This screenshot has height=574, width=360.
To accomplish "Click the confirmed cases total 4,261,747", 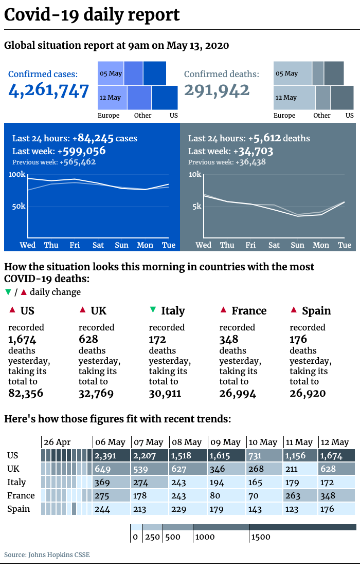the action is click(x=48, y=90).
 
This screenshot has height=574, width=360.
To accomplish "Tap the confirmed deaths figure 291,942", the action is click(x=217, y=90).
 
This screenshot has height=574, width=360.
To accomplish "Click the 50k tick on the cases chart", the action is click(x=19, y=206).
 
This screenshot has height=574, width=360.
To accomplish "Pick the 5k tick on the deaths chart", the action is click(x=197, y=206).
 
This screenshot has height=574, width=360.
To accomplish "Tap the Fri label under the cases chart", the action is click(x=75, y=245).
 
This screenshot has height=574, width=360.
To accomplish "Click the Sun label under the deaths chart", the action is click(x=297, y=245).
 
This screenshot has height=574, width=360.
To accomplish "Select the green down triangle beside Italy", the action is click(x=153, y=310).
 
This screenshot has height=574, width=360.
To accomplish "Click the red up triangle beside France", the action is click(x=223, y=310).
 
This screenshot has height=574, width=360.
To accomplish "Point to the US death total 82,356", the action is click(x=26, y=393).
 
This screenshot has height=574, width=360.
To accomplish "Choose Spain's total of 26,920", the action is click(x=308, y=393).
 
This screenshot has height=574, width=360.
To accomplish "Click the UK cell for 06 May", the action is click(x=112, y=469).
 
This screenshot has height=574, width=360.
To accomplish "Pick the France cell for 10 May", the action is click(x=265, y=496).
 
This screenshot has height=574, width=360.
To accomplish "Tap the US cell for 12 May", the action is click(x=336, y=456).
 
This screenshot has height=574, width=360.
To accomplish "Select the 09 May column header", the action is click(x=225, y=442).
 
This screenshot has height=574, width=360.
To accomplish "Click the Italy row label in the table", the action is click(x=16, y=482).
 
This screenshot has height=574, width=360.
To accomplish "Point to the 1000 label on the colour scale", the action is click(x=205, y=537).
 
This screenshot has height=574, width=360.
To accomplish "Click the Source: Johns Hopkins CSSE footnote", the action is click(x=47, y=554).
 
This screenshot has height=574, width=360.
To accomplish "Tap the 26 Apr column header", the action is click(x=57, y=442).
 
